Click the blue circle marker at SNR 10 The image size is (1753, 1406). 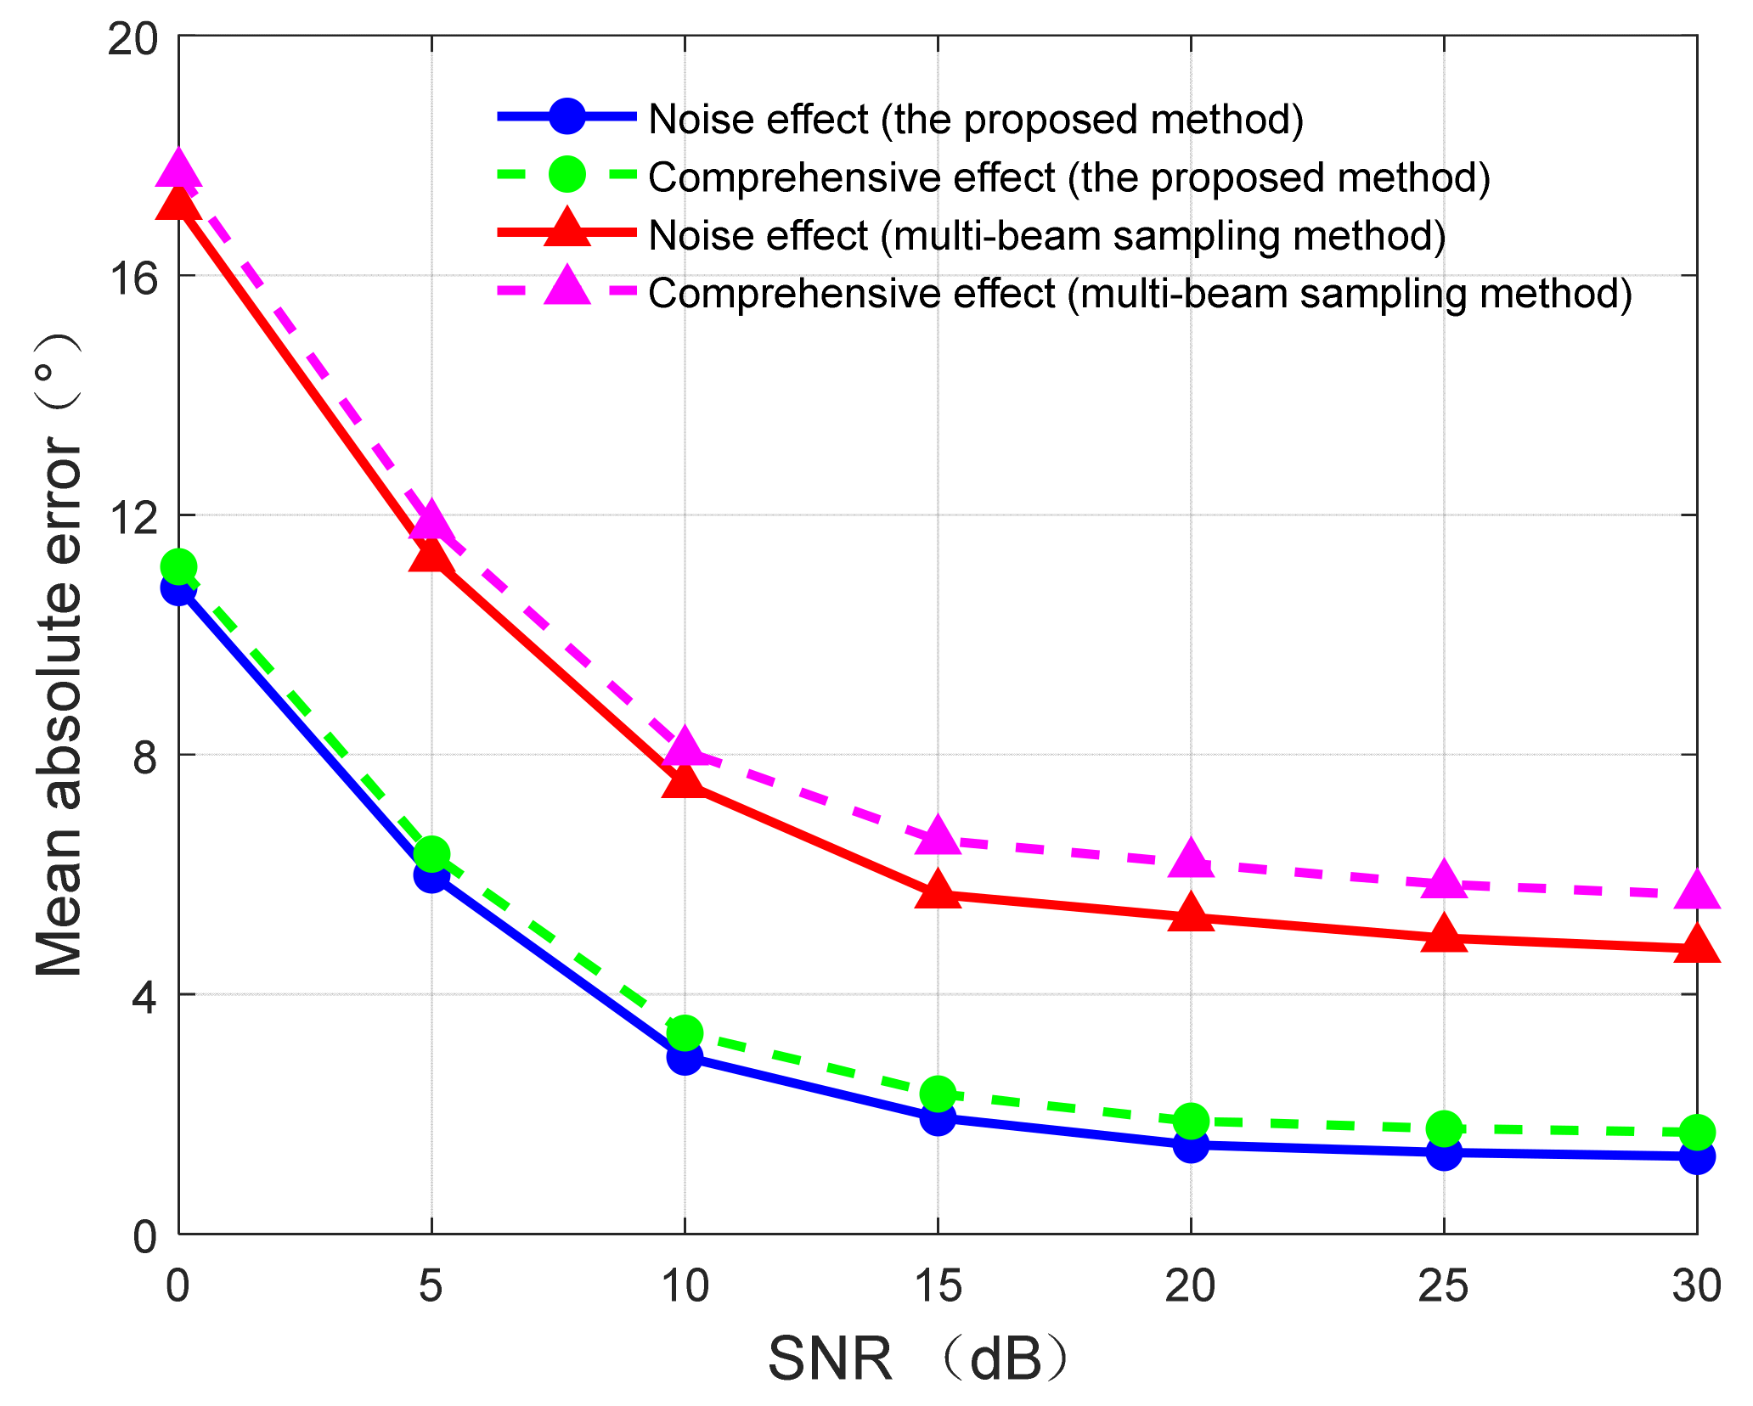pyautogui.click(x=685, y=1057)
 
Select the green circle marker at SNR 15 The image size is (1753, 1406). pyautogui.click(x=938, y=1094)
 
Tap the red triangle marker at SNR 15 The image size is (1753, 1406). pyautogui.click(x=938, y=891)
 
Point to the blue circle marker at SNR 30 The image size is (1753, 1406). pyautogui.click(x=1697, y=1156)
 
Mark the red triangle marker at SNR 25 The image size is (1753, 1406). pyautogui.click(x=1444, y=936)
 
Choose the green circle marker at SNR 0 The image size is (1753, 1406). pyautogui.click(x=178, y=566)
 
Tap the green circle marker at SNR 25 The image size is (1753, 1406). pyautogui.click(x=1444, y=1129)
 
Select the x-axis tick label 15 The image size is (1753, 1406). pyautogui.click(x=938, y=1285)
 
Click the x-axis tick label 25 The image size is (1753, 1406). pyautogui.click(x=1444, y=1285)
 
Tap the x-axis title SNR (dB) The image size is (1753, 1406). pyautogui.click(x=917, y=1359)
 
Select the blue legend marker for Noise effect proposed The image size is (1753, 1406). pyautogui.click(x=566, y=117)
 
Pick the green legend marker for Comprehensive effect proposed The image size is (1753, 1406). pyautogui.click(x=566, y=175)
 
